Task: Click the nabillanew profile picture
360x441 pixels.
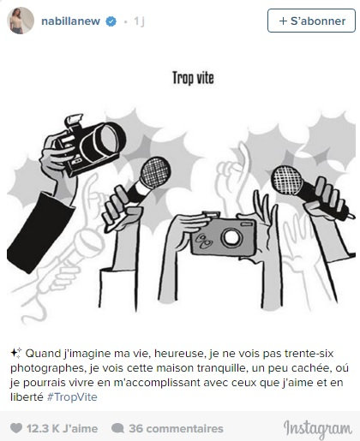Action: [21, 21]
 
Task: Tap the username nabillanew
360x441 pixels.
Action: [70, 21]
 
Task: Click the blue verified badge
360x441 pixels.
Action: [111, 21]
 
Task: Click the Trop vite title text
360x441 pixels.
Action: [193, 78]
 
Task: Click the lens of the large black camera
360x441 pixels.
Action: [109, 138]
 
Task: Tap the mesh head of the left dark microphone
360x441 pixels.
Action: [156, 172]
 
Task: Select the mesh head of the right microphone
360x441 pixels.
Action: [286, 180]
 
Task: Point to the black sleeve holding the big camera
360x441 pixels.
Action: [40, 231]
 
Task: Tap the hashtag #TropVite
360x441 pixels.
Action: [72, 397]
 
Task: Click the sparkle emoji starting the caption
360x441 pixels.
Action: [16, 353]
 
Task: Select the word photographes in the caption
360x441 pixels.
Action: [48, 368]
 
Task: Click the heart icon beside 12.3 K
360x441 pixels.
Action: [16, 428]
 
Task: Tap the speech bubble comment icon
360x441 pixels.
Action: [117, 428]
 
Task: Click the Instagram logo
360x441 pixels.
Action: [317, 429]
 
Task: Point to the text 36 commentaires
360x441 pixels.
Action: [176, 428]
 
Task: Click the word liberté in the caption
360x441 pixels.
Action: [27, 397]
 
